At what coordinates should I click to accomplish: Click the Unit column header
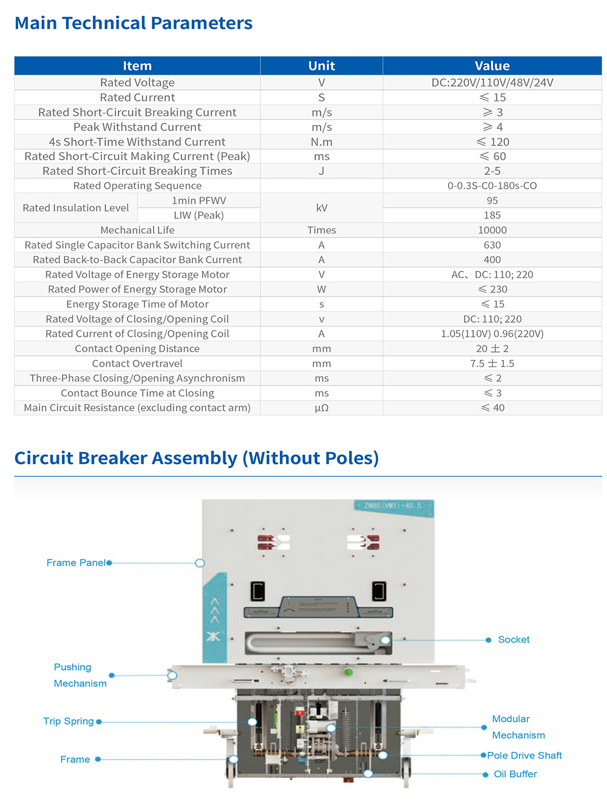click(x=321, y=66)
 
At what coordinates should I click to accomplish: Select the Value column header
click(x=492, y=66)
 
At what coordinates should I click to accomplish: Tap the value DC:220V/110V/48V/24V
click(x=492, y=83)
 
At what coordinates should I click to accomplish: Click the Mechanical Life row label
click(x=137, y=230)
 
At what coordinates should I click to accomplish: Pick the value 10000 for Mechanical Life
click(x=492, y=230)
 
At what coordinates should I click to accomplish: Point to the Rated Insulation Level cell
click(x=76, y=208)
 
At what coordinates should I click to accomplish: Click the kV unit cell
click(x=321, y=208)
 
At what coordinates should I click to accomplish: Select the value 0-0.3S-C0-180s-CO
click(x=492, y=186)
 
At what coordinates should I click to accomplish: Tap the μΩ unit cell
click(x=321, y=408)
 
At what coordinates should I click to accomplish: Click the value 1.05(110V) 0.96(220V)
click(x=492, y=334)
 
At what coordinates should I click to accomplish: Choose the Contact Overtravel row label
click(x=137, y=364)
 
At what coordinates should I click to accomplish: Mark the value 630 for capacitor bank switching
click(x=492, y=245)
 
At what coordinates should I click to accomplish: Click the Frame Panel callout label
click(x=76, y=563)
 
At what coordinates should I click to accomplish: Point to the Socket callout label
click(x=514, y=640)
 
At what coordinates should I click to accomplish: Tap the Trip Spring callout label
click(x=68, y=721)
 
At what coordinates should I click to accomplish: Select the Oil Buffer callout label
click(x=515, y=774)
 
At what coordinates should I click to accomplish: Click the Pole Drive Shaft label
click(x=524, y=755)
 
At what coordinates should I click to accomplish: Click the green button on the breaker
click(x=348, y=672)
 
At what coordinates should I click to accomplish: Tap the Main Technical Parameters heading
click(x=134, y=23)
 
